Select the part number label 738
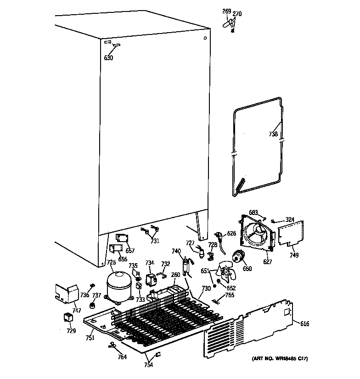(273, 134)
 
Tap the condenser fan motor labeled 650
(238, 258)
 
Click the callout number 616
(304, 324)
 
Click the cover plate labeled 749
(292, 232)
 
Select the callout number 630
(108, 58)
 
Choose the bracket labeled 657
(121, 238)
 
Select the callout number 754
(148, 365)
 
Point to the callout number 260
(176, 275)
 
